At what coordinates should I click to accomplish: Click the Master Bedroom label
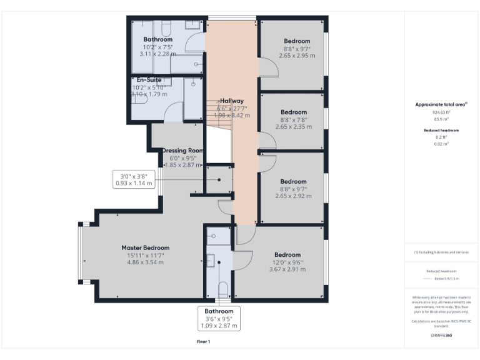click(x=145, y=247)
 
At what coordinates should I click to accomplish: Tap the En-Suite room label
click(x=145, y=80)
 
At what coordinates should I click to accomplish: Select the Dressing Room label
click(x=182, y=151)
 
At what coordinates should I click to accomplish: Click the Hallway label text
click(x=231, y=101)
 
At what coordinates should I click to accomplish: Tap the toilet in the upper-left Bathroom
click(x=166, y=29)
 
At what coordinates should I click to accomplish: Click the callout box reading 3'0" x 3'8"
click(x=134, y=179)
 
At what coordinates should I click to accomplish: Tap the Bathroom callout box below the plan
click(x=219, y=317)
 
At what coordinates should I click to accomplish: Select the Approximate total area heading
click(x=442, y=104)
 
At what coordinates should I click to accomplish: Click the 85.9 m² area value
click(x=442, y=118)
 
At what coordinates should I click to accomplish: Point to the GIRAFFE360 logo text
click(x=442, y=336)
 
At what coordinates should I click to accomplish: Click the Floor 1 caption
click(x=204, y=342)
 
